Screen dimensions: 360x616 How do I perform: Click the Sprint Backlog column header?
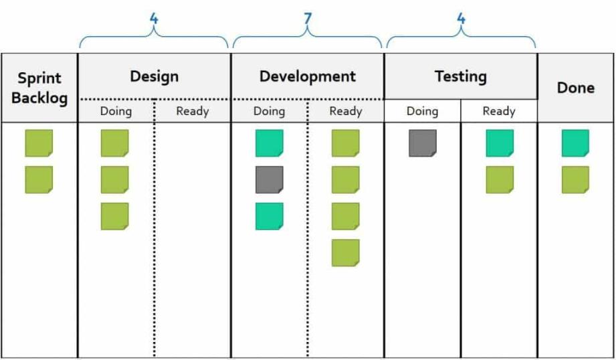39,88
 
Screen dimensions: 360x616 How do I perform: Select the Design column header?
154,76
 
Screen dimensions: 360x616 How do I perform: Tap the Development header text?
307,76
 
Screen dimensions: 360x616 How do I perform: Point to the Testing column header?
460,76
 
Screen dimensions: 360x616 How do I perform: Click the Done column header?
575,88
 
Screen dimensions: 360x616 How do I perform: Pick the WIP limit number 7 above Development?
308,19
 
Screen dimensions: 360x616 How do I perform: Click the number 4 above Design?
154,19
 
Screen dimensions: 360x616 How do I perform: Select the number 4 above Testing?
461,19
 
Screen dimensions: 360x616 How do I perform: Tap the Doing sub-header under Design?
116,111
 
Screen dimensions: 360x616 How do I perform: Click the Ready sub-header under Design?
193,111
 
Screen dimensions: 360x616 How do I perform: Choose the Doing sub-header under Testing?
422,111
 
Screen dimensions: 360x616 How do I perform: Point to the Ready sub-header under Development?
346,111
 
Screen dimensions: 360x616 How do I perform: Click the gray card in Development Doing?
270,180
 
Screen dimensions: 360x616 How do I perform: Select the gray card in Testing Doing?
423,143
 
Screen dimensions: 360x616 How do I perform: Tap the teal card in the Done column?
575,143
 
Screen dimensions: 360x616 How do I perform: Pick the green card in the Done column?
575,180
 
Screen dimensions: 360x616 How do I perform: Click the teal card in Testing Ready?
500,143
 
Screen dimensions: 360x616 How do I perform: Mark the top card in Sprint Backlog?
39,143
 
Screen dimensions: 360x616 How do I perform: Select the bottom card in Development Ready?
346,253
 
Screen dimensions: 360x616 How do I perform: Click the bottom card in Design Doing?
115,216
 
